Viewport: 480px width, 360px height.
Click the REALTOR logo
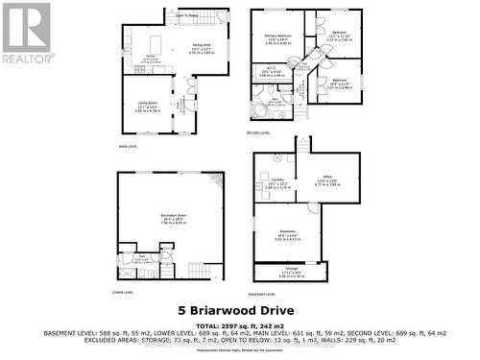click(x=26, y=33)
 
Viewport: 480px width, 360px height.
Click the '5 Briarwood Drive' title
click(x=239, y=310)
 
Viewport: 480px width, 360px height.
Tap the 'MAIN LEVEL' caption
click(x=129, y=146)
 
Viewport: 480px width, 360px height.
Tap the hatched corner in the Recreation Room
click(x=218, y=181)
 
